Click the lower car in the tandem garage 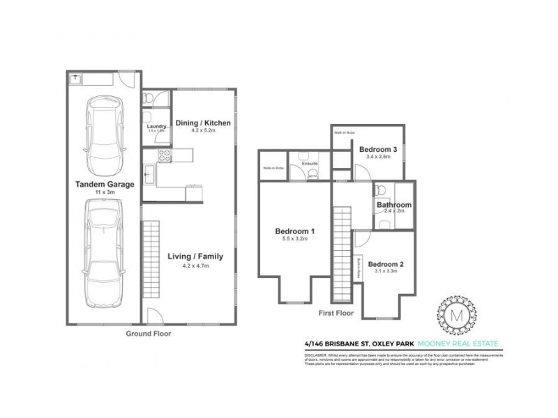coord(103,254)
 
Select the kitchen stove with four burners coord(165,155)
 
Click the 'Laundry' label coord(156,126)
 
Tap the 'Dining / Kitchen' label coord(202,123)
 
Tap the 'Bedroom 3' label coord(379,149)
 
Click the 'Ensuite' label coord(310,164)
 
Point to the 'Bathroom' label coord(394,205)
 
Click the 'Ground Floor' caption coord(148,334)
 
